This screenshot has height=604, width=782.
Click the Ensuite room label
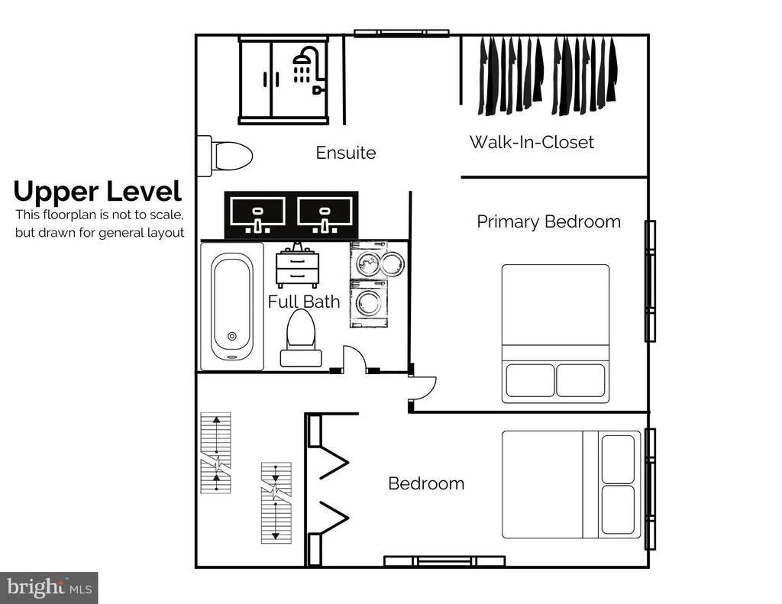(346, 153)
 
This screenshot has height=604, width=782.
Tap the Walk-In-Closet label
(532, 142)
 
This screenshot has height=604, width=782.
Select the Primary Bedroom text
(548, 221)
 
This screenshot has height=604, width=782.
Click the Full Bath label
(304, 302)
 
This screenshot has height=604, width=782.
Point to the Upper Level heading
(98, 192)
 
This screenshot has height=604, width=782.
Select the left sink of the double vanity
(258, 215)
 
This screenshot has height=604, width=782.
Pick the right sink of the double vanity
(325, 215)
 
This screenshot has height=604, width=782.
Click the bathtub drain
(232, 336)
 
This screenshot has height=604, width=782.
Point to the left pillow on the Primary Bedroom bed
(530, 380)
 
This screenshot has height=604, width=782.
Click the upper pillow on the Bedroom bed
(618, 460)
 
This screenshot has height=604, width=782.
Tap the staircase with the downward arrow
(276, 502)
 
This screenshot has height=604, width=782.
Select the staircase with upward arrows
(215, 453)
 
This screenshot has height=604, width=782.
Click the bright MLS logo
(49, 587)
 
